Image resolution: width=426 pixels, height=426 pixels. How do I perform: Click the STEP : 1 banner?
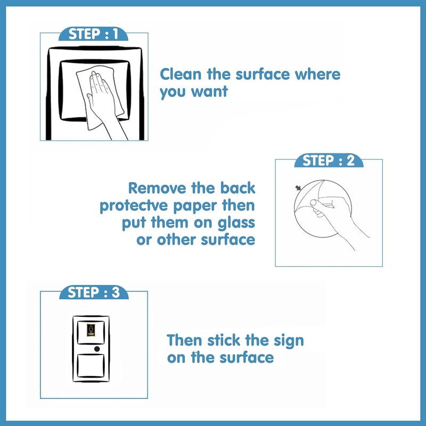tap(94, 34)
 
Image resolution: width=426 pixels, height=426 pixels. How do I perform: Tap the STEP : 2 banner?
tap(329, 160)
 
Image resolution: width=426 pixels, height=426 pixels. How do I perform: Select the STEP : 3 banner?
tap(94, 292)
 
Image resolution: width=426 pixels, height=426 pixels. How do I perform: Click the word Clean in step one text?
tap(181, 74)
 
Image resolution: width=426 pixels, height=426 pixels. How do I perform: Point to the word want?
tap(209, 91)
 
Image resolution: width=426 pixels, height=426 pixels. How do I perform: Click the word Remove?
tap(157, 189)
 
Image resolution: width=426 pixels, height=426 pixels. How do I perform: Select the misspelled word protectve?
tap(135, 206)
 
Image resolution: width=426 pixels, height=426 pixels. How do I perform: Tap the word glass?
tap(236, 223)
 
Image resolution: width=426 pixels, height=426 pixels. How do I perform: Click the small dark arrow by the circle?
tap(298, 188)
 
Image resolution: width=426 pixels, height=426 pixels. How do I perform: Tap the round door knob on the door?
tap(97, 349)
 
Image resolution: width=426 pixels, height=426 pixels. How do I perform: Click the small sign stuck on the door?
tap(91, 330)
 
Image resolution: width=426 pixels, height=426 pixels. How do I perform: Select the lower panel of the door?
tap(91, 365)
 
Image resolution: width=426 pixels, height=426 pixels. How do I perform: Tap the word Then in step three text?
tap(184, 340)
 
